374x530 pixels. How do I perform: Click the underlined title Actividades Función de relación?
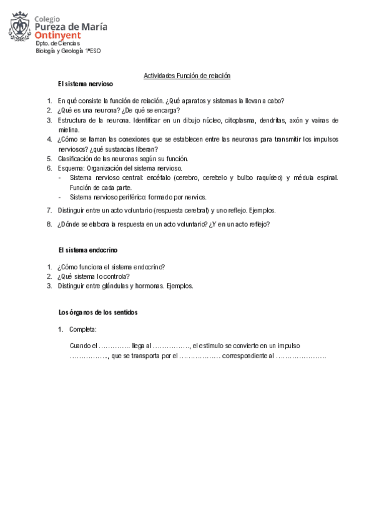coord(187,76)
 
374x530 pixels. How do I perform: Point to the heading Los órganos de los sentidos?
coord(97,312)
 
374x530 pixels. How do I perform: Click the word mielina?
coord(68,129)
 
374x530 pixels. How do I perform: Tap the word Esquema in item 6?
coord(70,168)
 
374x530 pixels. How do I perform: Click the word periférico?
coord(130,197)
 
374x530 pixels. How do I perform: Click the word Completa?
coord(83,329)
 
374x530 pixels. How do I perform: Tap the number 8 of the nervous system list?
coord(49,224)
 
